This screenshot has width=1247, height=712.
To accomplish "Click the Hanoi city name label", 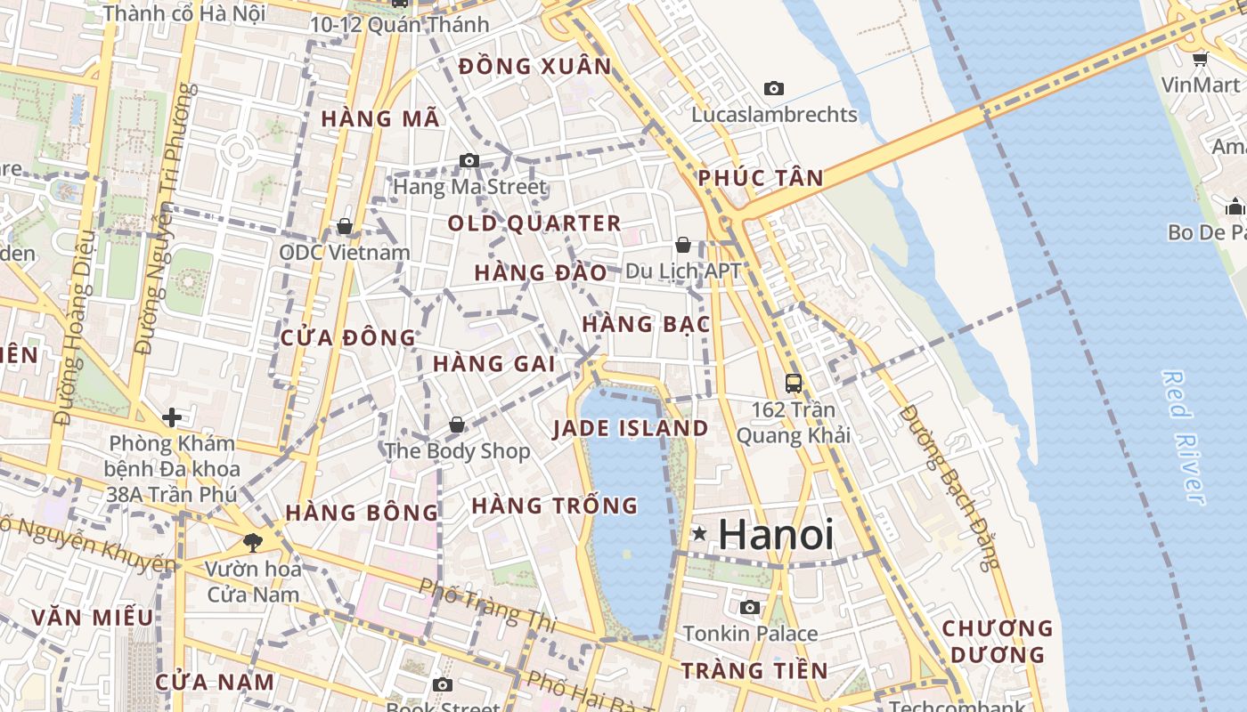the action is coord(776,534).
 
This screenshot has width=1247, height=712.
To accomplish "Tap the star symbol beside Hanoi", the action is coord(700,534).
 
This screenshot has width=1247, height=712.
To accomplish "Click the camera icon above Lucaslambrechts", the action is coord(774,88).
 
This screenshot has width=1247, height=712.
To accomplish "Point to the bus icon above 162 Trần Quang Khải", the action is coord(793,384).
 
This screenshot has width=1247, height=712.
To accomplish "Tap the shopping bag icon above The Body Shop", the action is coord(457,425).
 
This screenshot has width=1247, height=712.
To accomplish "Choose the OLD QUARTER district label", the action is coord(534,223).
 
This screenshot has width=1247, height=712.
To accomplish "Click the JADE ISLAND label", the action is coord(631,428).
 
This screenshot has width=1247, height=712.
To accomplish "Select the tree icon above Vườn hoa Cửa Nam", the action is coord(253,541).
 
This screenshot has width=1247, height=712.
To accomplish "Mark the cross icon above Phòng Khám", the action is coord(172,417).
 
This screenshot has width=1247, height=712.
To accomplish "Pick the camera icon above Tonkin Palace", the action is coord(750,607).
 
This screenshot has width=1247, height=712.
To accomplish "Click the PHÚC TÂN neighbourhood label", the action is coord(761,178).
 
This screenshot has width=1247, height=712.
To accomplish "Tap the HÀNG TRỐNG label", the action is coord(555,506).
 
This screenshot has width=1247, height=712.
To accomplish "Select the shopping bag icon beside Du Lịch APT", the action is coord(683,245).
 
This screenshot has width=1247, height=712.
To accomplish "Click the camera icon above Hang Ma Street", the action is coord(469,161).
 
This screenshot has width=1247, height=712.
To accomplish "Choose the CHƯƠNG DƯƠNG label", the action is coord(998,641).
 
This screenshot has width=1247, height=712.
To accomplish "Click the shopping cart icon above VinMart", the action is coord(1200,60).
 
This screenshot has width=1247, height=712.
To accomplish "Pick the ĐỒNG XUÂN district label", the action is coord(535,67).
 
